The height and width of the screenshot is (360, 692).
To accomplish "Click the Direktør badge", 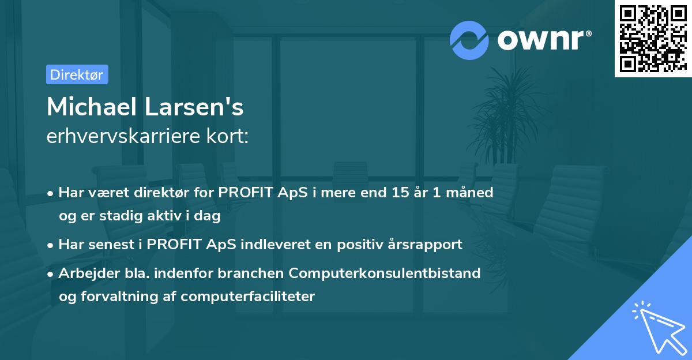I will click(x=77, y=74).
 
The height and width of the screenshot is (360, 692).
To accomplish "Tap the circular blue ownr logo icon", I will click(x=469, y=40).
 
